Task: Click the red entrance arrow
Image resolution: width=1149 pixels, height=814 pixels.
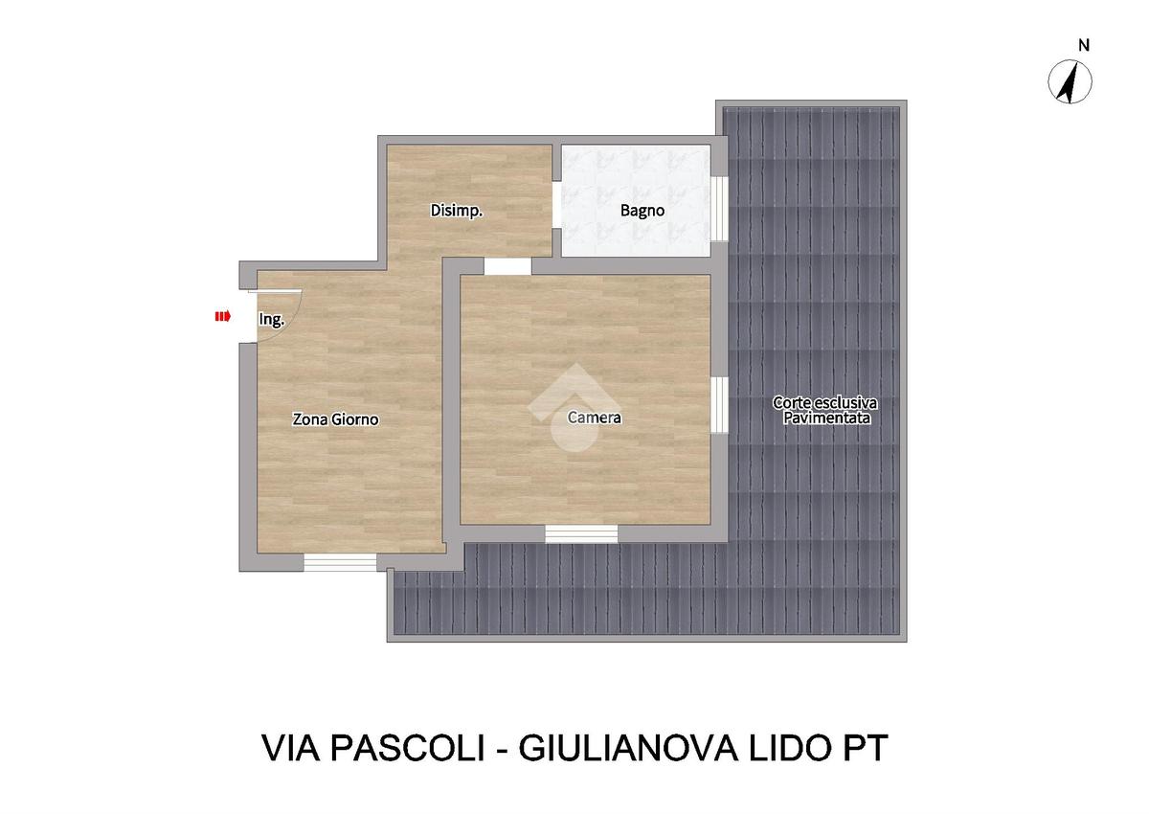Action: pos(222,316)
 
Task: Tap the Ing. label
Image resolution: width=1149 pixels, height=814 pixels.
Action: pos(271,319)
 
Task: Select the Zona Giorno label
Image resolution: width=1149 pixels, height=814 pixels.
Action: pos(335,419)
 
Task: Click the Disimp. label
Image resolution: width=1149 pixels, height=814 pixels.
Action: pos(456,211)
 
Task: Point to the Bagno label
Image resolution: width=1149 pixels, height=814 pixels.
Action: pos(642,211)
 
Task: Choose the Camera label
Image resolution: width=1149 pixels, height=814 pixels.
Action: pos(594,418)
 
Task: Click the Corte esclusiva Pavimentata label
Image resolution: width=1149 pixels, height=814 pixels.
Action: pos(825,410)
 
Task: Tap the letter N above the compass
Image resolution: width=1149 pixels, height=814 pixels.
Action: pos(1084,46)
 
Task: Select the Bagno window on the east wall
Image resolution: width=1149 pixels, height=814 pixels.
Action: pos(719,209)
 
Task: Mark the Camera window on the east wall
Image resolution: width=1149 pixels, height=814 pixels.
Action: pos(719,405)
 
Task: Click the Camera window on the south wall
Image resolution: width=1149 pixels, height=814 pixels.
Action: pos(581,534)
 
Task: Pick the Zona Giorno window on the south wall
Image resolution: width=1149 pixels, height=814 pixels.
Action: pos(340,563)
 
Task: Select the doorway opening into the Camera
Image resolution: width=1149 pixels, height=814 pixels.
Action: pos(507,266)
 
